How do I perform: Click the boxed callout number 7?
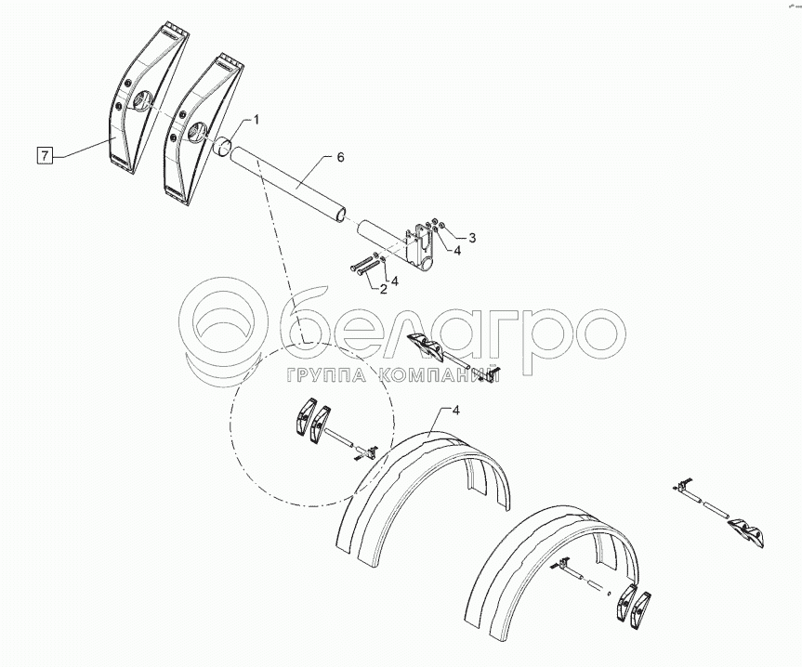(46, 155)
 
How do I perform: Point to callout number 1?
(256, 120)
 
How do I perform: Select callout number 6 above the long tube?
(341, 157)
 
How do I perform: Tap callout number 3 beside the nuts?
(472, 238)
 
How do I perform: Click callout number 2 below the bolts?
(383, 289)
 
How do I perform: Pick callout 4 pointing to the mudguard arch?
(456, 411)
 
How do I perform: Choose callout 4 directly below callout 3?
(456, 251)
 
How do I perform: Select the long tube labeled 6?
(288, 185)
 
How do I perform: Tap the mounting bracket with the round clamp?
(419, 247)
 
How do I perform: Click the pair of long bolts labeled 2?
(366, 266)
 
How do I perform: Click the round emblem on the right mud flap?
(195, 133)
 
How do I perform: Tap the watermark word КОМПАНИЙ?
(440, 375)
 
